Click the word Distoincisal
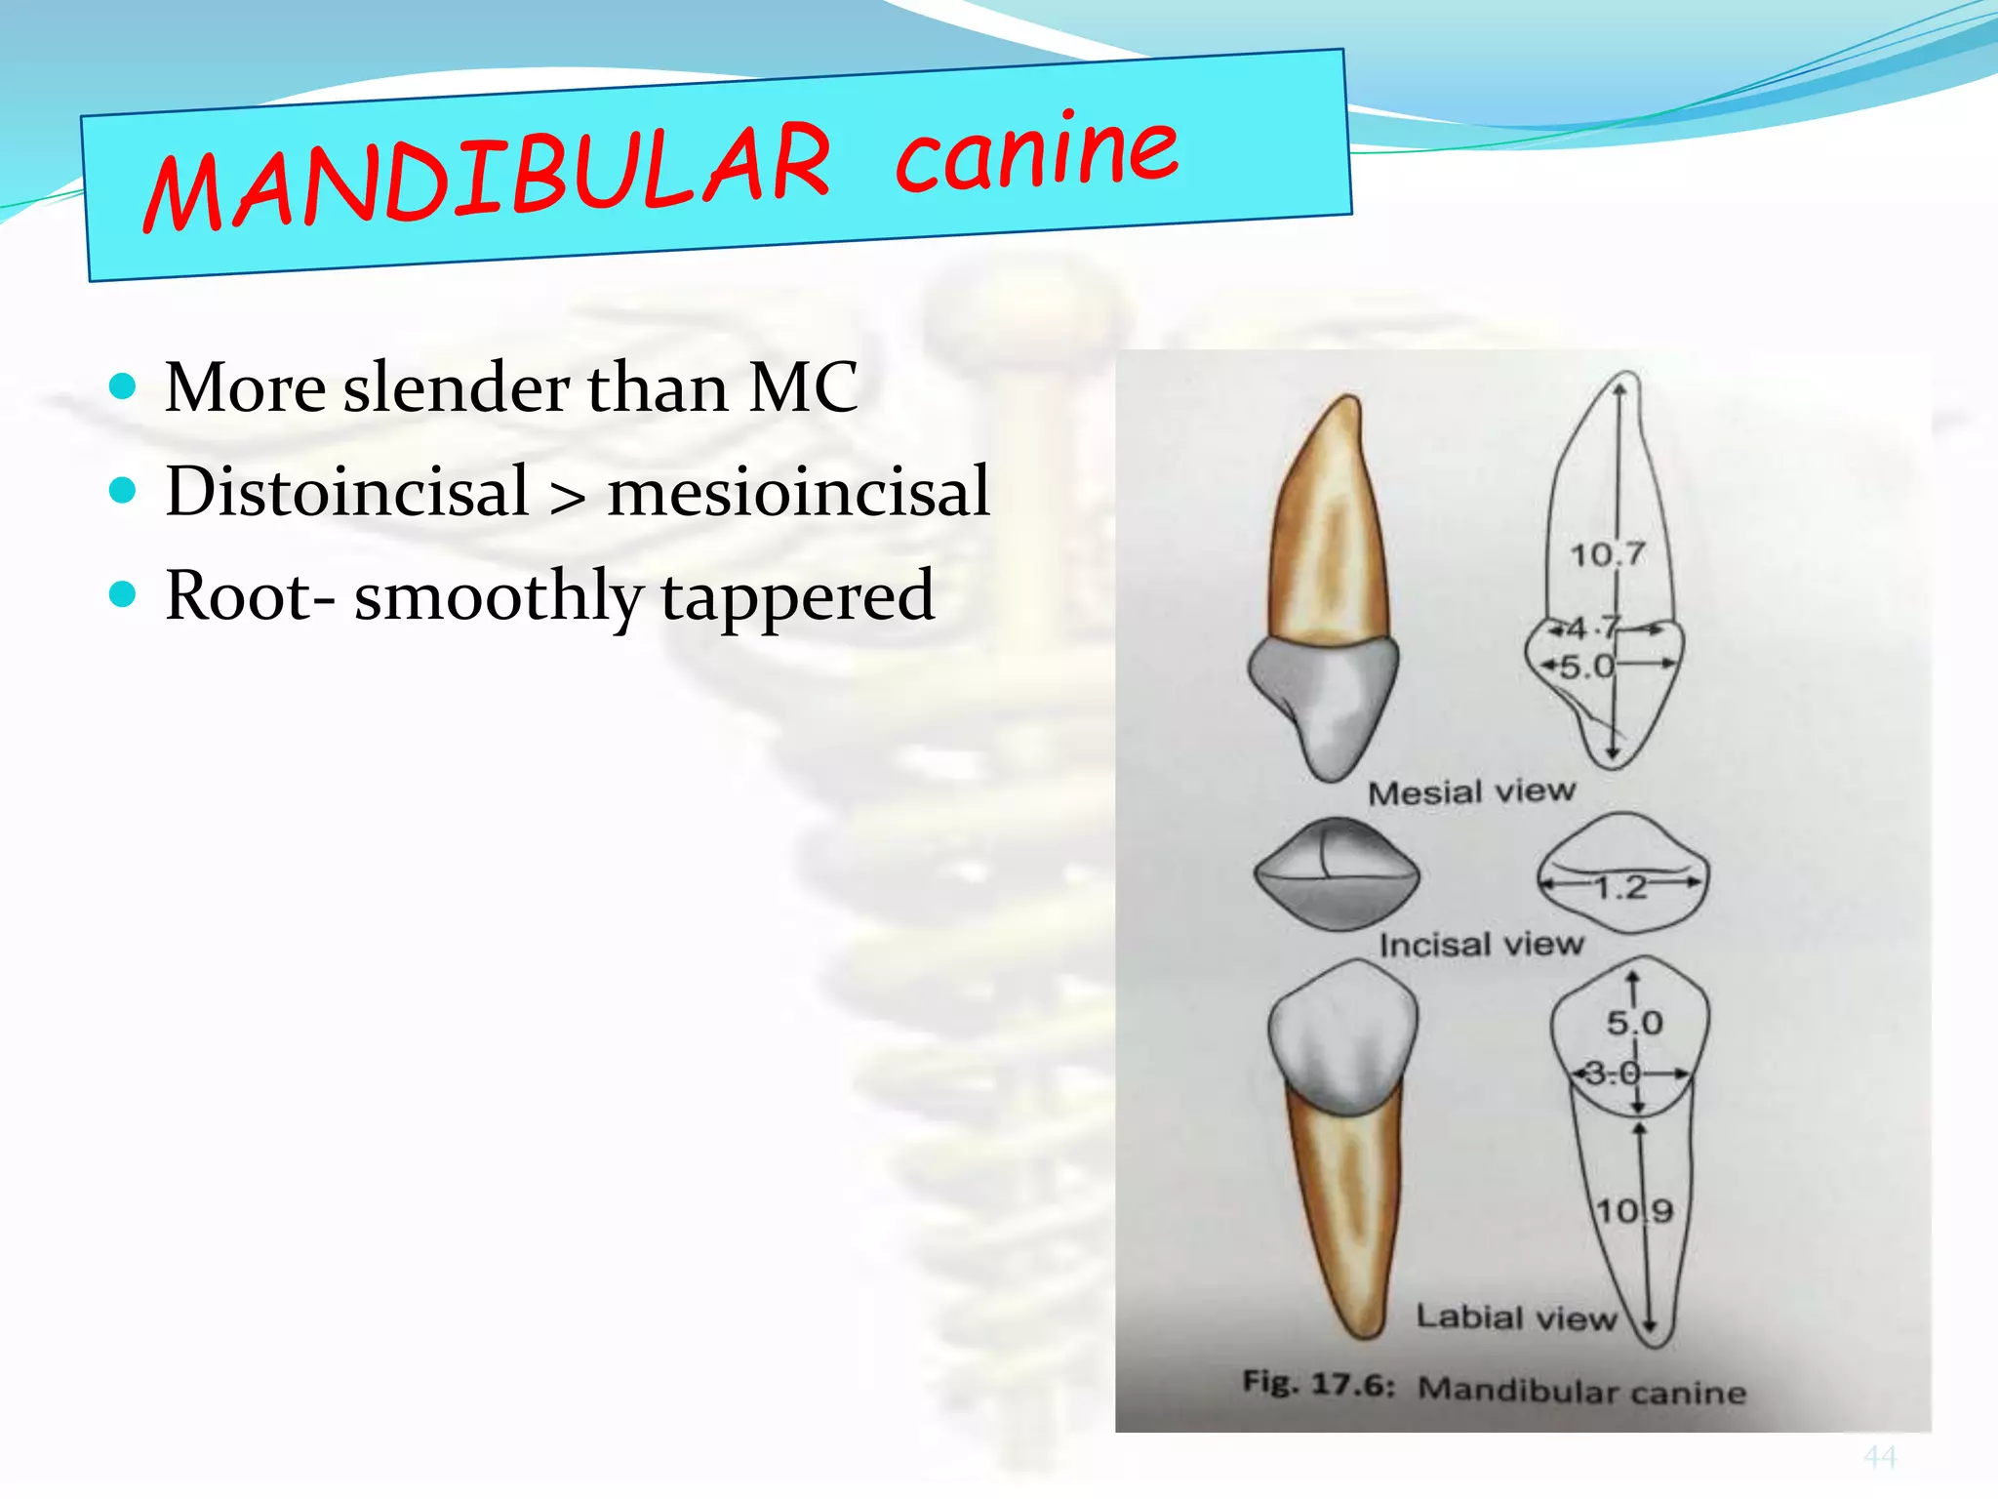pyautogui.click(x=347, y=492)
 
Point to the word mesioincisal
pyautogui.click(x=798, y=492)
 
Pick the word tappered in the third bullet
pyautogui.click(x=797, y=597)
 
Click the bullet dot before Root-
pyautogui.click(x=123, y=593)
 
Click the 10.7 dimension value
pyautogui.click(x=1607, y=555)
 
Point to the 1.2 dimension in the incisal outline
pyautogui.click(x=1620, y=887)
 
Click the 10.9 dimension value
pyautogui.click(x=1634, y=1211)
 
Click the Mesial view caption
pyautogui.click(x=1471, y=791)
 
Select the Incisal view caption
pyautogui.click(x=1481, y=944)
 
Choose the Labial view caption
pyautogui.click(x=1516, y=1317)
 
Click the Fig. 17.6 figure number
pyautogui.click(x=1318, y=1384)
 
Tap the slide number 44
pyautogui.click(x=1879, y=1457)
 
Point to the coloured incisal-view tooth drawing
pyautogui.click(x=1337, y=873)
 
